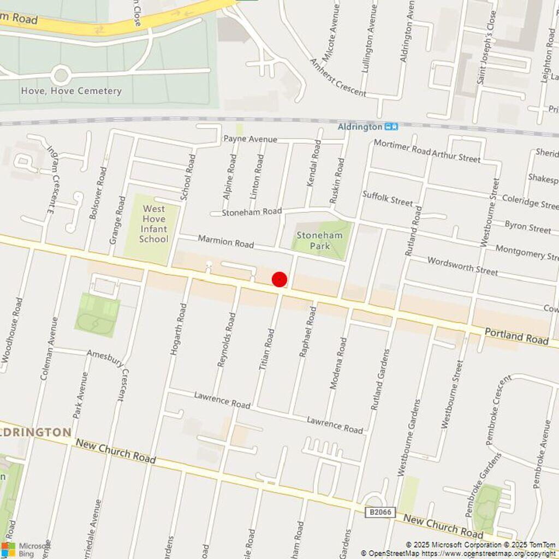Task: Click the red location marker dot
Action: pyautogui.click(x=279, y=279)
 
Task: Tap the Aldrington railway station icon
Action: pyautogui.click(x=391, y=127)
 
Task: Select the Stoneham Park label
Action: pyautogui.click(x=319, y=241)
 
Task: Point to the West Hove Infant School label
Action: pyautogui.click(x=153, y=224)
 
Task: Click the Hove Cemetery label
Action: pyautogui.click(x=71, y=91)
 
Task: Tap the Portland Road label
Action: pyautogui.click(x=516, y=336)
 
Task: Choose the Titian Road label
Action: pyautogui.click(x=267, y=349)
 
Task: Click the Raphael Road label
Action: pyautogui.click(x=308, y=332)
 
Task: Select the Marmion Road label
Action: pyautogui.click(x=225, y=241)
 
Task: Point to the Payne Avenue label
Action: pyautogui.click(x=250, y=139)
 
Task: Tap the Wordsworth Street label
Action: pyautogui.click(x=462, y=265)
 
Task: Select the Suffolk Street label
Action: pyautogui.click(x=388, y=198)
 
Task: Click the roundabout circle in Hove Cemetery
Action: pyautogui.click(x=61, y=74)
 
